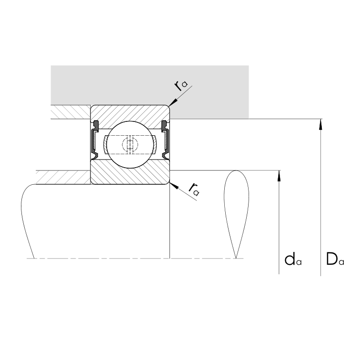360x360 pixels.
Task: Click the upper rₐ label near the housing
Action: coord(181,85)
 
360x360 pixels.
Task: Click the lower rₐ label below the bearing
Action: coord(194,190)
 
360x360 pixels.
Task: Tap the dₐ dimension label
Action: coord(293,260)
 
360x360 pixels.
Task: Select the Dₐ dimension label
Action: coord(335,259)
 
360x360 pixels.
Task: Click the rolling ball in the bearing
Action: coord(130,145)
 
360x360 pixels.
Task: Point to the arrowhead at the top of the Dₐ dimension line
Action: coord(321,125)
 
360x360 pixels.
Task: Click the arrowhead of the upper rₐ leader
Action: coord(173,102)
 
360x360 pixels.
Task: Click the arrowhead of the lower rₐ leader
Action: coord(173,186)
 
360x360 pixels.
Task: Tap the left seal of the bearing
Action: coord(95,140)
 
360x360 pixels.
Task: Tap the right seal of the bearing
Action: coord(165,140)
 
